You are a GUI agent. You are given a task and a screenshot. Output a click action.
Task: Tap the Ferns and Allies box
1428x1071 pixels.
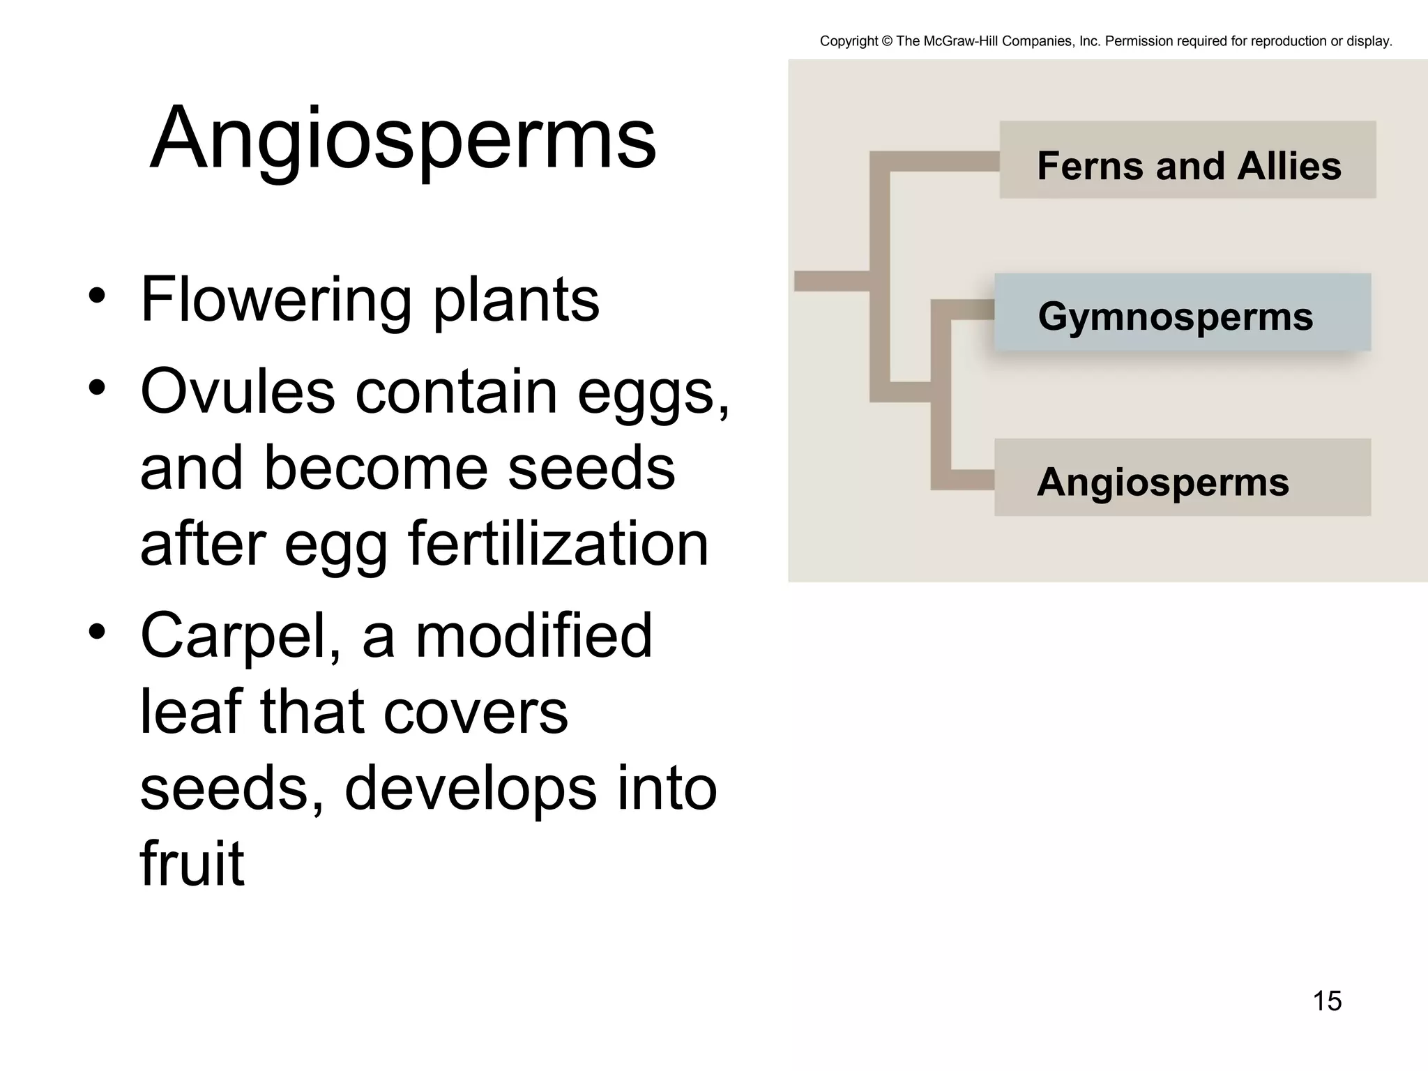coord(1187,160)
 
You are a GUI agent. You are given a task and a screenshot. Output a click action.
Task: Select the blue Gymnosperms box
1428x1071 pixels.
coord(1182,312)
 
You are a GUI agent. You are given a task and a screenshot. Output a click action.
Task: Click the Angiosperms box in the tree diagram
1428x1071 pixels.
coord(1182,478)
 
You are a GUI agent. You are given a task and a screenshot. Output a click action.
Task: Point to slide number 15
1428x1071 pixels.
coord(1327,1001)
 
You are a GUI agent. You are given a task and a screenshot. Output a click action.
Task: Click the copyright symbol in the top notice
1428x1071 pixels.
coord(887,41)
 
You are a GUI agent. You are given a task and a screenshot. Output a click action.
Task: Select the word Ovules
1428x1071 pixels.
coord(237,392)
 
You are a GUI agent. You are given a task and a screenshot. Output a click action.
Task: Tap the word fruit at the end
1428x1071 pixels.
coord(192,865)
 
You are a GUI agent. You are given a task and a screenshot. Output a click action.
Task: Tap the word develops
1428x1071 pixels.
coord(471,789)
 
